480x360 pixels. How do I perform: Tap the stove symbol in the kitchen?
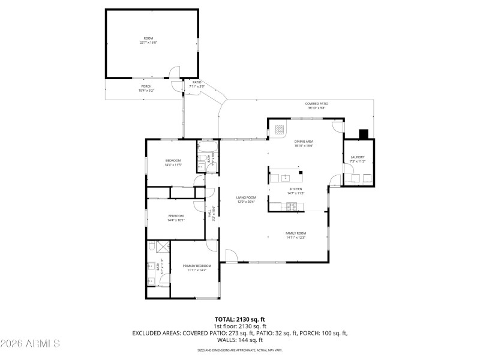[x=292, y=208]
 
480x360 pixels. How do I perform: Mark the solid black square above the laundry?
[x=362, y=134]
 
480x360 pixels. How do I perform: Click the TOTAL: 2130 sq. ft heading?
[x=239, y=319]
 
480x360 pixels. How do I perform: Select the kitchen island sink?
[x=286, y=178]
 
